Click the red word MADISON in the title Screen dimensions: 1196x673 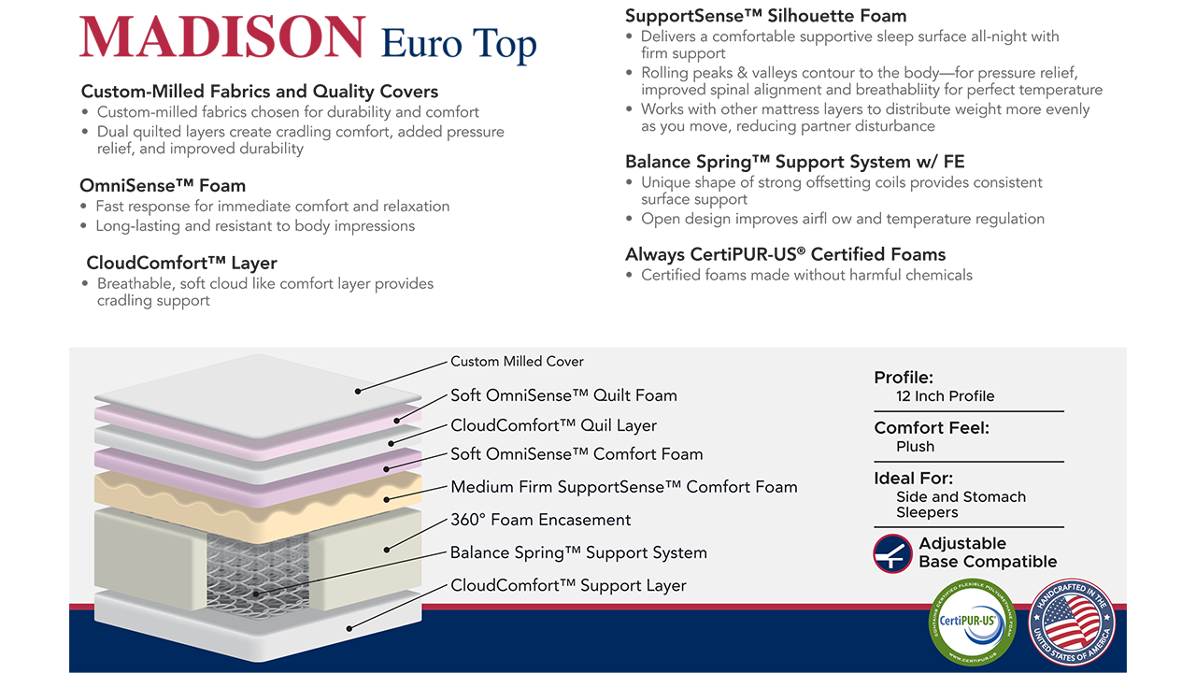(x=222, y=36)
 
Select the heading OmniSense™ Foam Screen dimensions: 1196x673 (x=163, y=186)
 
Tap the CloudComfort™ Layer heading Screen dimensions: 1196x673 (x=181, y=263)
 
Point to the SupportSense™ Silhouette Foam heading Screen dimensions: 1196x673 (x=765, y=16)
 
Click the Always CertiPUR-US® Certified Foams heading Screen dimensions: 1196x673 (x=786, y=254)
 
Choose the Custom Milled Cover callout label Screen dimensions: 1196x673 (x=517, y=362)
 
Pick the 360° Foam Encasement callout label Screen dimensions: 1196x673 (x=540, y=520)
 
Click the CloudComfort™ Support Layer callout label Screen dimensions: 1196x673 (x=568, y=585)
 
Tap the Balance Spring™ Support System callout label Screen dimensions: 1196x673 (x=578, y=552)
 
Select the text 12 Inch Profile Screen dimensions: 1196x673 (x=945, y=396)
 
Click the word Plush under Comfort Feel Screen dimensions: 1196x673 (x=915, y=447)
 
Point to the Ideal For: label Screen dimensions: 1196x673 (x=913, y=478)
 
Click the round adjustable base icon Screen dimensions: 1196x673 (x=892, y=553)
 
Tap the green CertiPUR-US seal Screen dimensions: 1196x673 (x=973, y=623)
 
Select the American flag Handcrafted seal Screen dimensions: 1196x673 (x=1072, y=623)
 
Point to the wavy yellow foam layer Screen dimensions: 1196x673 (x=258, y=501)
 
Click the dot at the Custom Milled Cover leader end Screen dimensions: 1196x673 (x=358, y=392)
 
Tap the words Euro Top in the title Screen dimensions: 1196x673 (x=459, y=43)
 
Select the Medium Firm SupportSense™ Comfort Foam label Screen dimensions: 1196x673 (x=623, y=487)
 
